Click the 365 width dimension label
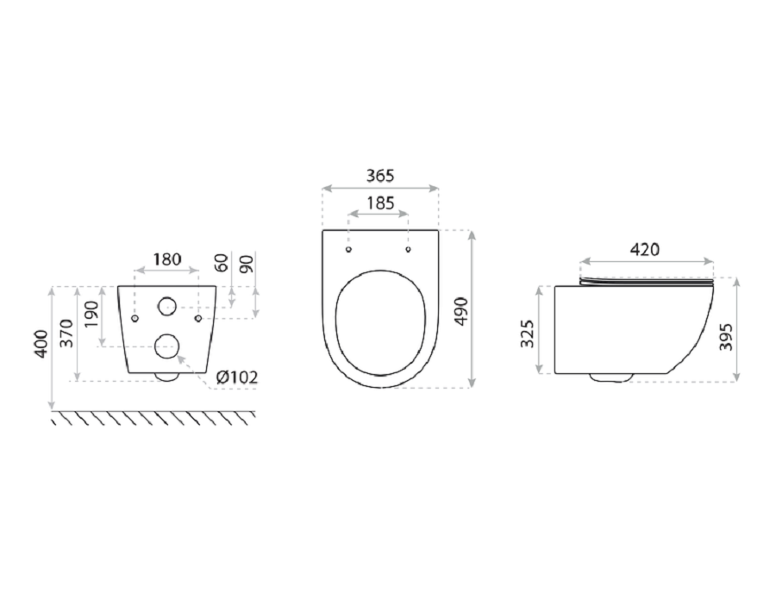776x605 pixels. [x=380, y=176]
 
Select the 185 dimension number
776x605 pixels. [x=380, y=203]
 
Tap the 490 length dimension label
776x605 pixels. [x=461, y=311]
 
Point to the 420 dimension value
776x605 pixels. [x=645, y=249]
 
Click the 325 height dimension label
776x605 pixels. [x=528, y=334]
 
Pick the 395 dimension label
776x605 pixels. [x=725, y=337]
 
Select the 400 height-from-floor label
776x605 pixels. [x=41, y=344]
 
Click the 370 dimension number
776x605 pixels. [x=66, y=333]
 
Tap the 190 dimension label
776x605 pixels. [x=91, y=314]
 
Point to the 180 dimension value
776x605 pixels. [x=166, y=259]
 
